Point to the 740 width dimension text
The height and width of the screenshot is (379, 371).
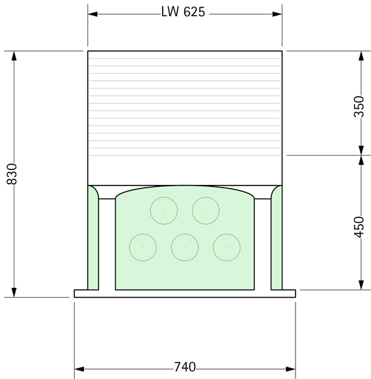point(184,367)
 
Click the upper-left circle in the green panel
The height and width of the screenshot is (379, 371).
point(163,210)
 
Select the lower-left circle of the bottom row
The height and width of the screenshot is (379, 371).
point(143,247)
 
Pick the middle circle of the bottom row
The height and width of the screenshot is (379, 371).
point(184,247)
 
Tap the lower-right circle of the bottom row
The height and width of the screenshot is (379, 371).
point(226,247)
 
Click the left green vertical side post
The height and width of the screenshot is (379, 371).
point(93,241)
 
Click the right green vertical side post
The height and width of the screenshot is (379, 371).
point(277,241)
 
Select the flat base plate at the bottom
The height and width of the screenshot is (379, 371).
point(184,294)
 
